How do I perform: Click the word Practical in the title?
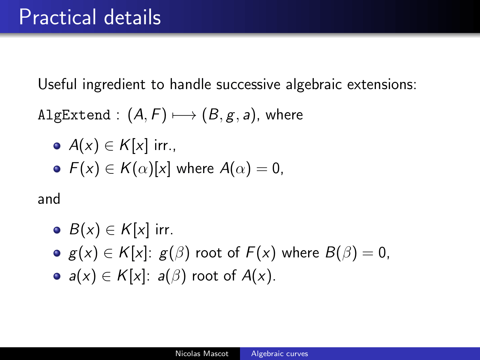point(58,17)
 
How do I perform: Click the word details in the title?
point(133,17)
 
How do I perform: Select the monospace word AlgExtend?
point(74,115)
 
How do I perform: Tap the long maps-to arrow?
point(184,115)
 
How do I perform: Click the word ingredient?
point(114,84)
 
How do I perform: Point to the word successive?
point(248,84)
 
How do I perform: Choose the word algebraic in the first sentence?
point(313,84)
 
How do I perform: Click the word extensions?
point(382,84)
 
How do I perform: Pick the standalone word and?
point(49,199)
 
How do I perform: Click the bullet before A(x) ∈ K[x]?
point(57,146)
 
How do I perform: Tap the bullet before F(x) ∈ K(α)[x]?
point(57,169)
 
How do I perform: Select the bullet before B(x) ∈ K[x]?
point(57,230)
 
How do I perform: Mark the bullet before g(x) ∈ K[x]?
point(57,253)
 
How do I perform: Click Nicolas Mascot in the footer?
point(202,354)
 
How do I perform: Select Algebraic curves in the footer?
point(280,354)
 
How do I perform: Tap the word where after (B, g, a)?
point(284,115)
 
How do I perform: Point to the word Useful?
point(57,84)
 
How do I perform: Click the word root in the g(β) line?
point(208,253)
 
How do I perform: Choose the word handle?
point(190,84)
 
